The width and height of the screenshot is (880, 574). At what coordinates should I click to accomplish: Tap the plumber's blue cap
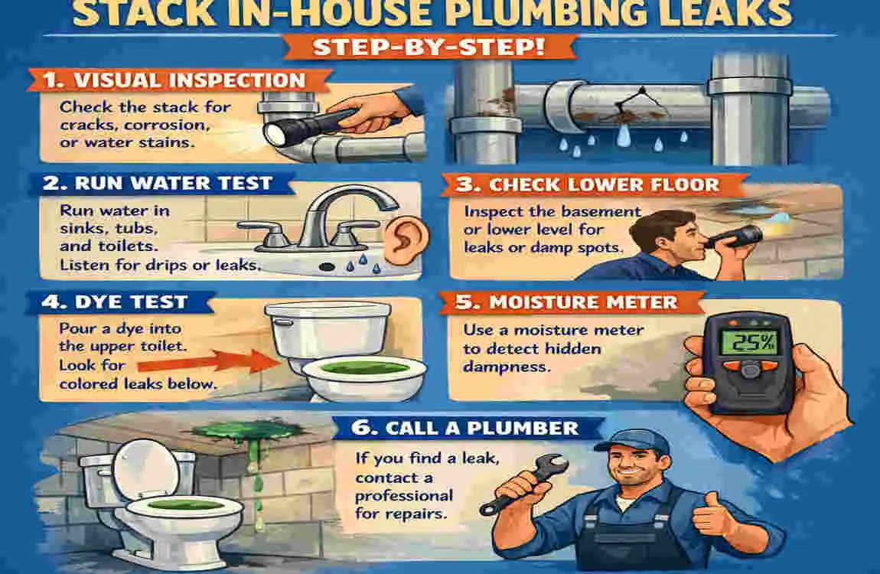coord(627,439)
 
